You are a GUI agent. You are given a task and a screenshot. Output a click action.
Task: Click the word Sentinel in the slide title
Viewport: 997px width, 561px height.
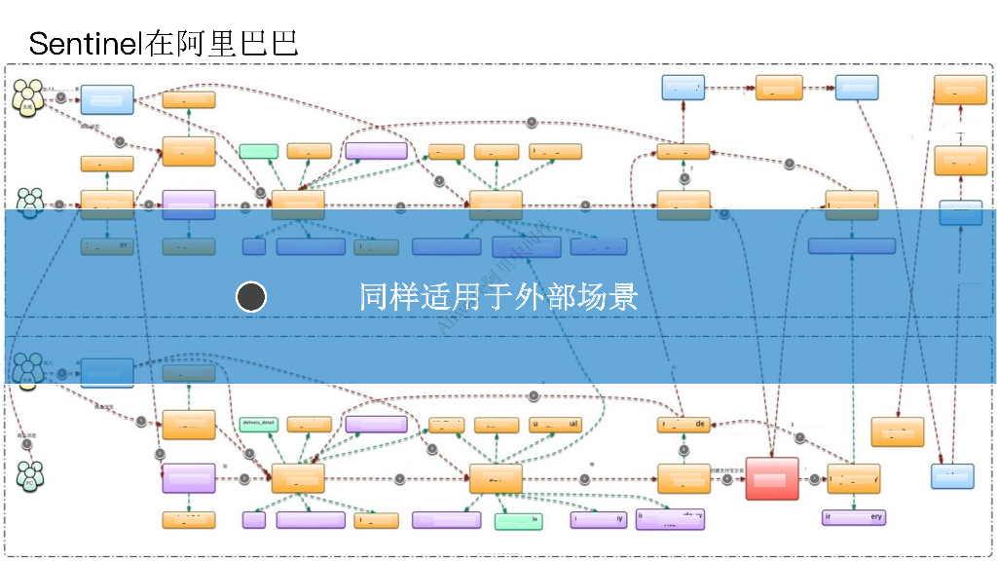tap(86, 43)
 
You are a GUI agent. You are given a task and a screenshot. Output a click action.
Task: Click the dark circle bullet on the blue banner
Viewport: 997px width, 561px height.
tap(251, 297)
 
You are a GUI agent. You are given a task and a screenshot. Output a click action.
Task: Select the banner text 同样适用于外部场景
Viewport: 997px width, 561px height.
tap(498, 296)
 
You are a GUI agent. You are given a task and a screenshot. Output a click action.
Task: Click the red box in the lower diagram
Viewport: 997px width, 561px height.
tap(772, 478)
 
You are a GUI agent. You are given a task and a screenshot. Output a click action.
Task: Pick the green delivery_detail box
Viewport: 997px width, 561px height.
tap(259, 424)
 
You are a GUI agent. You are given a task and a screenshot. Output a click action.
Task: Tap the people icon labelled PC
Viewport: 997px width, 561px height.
tap(29, 476)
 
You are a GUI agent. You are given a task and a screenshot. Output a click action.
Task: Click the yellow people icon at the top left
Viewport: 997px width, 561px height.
tap(29, 96)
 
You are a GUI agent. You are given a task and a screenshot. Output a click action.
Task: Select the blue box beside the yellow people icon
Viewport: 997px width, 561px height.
tap(107, 99)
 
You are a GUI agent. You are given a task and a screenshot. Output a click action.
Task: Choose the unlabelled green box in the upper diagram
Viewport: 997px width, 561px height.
tap(259, 151)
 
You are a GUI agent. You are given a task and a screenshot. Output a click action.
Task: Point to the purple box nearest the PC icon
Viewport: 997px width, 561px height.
tap(189, 478)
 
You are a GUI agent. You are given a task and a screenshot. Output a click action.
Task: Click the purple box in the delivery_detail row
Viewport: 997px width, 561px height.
tap(376, 424)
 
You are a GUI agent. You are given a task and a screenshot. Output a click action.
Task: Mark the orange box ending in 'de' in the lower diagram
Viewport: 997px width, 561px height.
tap(683, 424)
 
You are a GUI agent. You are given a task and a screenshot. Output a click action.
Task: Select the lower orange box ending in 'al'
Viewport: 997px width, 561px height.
tap(555, 425)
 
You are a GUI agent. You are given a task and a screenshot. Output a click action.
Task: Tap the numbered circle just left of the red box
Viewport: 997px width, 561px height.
tap(727, 478)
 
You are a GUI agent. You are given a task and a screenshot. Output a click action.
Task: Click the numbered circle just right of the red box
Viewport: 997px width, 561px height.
tap(810, 478)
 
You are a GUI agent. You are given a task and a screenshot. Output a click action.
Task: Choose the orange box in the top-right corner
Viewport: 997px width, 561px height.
tap(960, 90)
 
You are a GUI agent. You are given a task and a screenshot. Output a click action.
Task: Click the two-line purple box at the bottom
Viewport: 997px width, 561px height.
tap(670, 519)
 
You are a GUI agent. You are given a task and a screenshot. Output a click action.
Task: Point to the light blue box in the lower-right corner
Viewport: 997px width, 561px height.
tap(952, 476)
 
